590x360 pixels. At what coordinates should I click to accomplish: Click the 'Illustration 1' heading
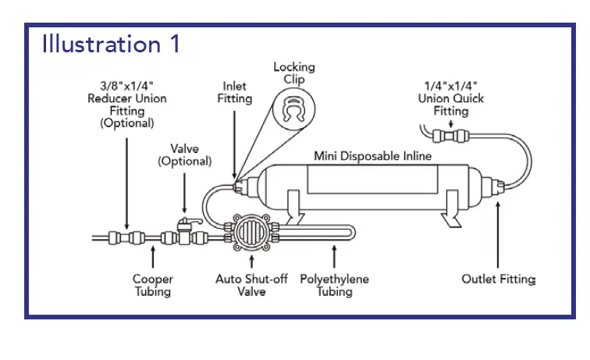coord(111,43)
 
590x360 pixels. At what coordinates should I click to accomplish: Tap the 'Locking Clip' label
coord(293,73)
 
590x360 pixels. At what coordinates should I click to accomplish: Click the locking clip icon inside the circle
coord(293,112)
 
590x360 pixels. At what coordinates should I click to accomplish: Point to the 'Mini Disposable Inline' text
coord(372,156)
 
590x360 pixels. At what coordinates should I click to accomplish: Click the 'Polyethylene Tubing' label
coord(335,285)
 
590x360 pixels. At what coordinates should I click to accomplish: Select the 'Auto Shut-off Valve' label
coord(251,285)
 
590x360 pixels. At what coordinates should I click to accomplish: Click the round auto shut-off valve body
coord(251,233)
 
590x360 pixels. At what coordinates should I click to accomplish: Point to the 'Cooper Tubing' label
coord(153,285)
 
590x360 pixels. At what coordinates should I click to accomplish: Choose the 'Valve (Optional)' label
coord(184,155)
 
